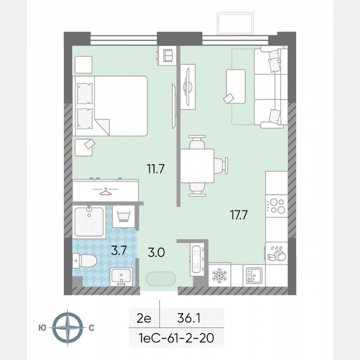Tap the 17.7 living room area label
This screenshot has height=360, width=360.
pos(240,215)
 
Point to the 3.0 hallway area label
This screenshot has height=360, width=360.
pos(156,252)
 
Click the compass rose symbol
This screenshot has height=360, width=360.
pos(67,327)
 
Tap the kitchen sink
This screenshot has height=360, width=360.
pos(254,275)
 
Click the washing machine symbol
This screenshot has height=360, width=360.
pos(124,217)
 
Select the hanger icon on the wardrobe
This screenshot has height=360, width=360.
pos(106,192)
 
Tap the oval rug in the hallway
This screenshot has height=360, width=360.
pos(161,278)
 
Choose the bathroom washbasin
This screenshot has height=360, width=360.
pos(121,276)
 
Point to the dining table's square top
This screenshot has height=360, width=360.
pos(197,165)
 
